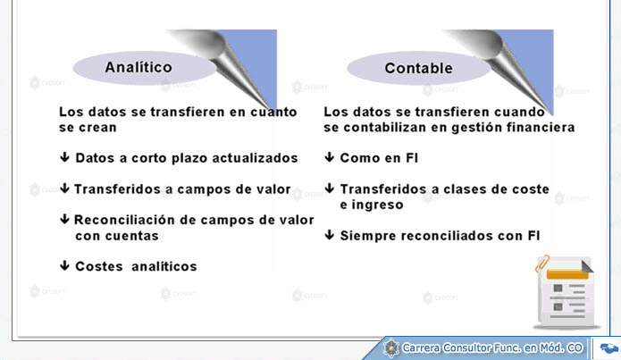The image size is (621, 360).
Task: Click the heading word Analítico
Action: click(x=138, y=67)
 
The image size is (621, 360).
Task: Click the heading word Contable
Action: click(x=419, y=68)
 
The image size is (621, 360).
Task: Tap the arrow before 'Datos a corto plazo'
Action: click(x=64, y=157)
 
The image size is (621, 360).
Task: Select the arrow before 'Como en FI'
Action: click(x=329, y=157)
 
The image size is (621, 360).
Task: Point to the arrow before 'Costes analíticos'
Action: click(x=64, y=265)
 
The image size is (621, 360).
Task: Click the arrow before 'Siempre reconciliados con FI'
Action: click(x=329, y=235)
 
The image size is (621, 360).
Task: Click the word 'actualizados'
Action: click(x=255, y=158)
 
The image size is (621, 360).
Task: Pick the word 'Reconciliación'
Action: click(x=124, y=220)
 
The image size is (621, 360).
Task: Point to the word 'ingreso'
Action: click(x=377, y=205)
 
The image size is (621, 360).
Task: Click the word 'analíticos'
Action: click(x=164, y=266)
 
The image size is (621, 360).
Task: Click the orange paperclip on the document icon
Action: click(x=542, y=264)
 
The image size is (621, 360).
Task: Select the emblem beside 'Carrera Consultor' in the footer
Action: click(x=391, y=348)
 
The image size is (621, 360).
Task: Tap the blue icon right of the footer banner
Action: click(x=609, y=348)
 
